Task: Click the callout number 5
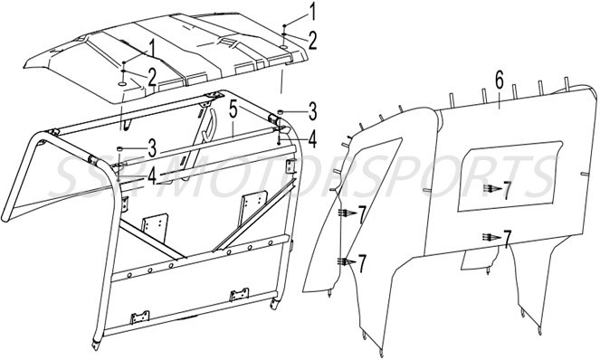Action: click(x=233, y=111)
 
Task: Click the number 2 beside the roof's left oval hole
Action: click(x=151, y=75)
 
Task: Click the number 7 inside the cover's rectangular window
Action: click(x=507, y=191)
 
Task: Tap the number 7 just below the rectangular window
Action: click(x=507, y=238)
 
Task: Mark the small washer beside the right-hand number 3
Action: click(x=281, y=110)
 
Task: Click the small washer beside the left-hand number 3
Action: click(x=120, y=147)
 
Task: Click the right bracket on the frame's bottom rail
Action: click(x=241, y=296)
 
